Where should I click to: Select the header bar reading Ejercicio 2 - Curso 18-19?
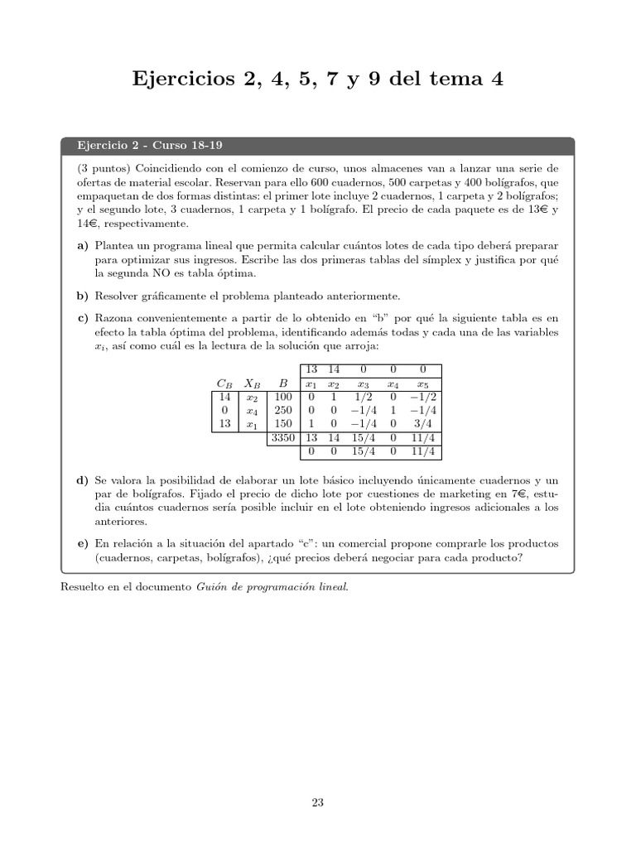click(x=317, y=146)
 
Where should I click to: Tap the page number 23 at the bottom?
click(x=318, y=802)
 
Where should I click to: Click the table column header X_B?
click(x=253, y=383)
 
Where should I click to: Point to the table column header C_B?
click(x=224, y=383)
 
